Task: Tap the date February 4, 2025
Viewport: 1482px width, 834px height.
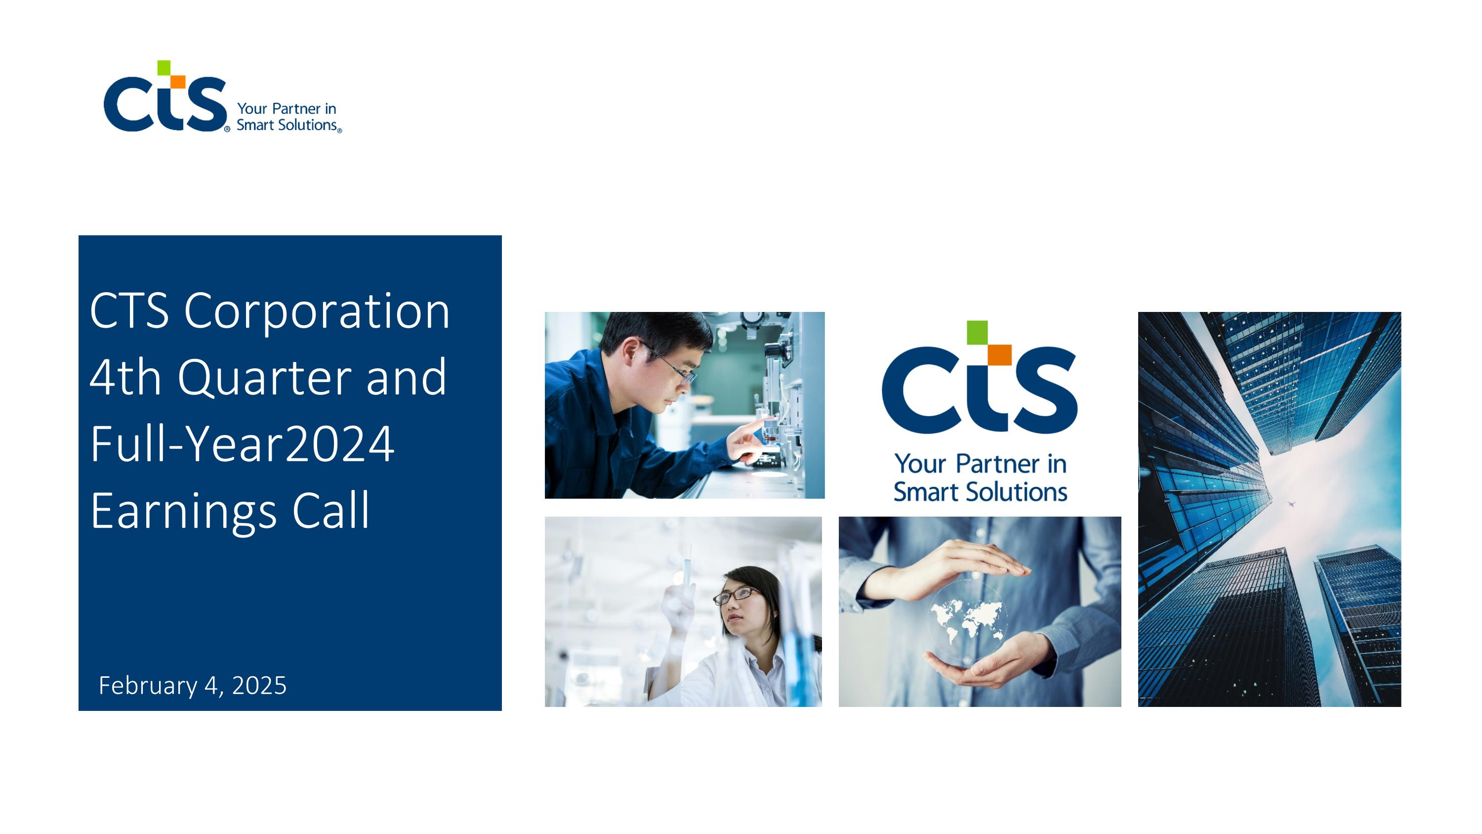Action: click(192, 686)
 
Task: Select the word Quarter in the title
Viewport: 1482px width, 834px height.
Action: click(264, 378)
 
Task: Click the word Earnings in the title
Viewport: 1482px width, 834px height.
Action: click(183, 512)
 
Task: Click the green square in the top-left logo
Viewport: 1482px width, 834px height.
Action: click(164, 67)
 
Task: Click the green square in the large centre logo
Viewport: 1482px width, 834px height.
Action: click(976, 332)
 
